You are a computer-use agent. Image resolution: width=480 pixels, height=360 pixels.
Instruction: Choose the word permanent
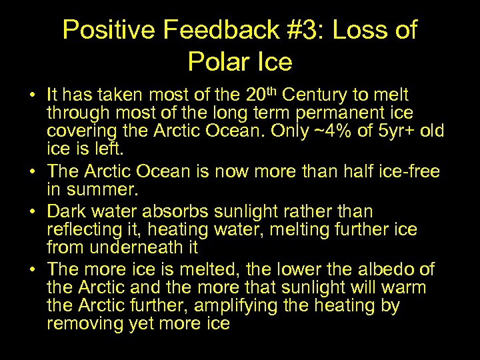pos(339,113)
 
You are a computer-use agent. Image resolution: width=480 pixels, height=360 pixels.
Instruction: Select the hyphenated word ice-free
pos(408,171)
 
